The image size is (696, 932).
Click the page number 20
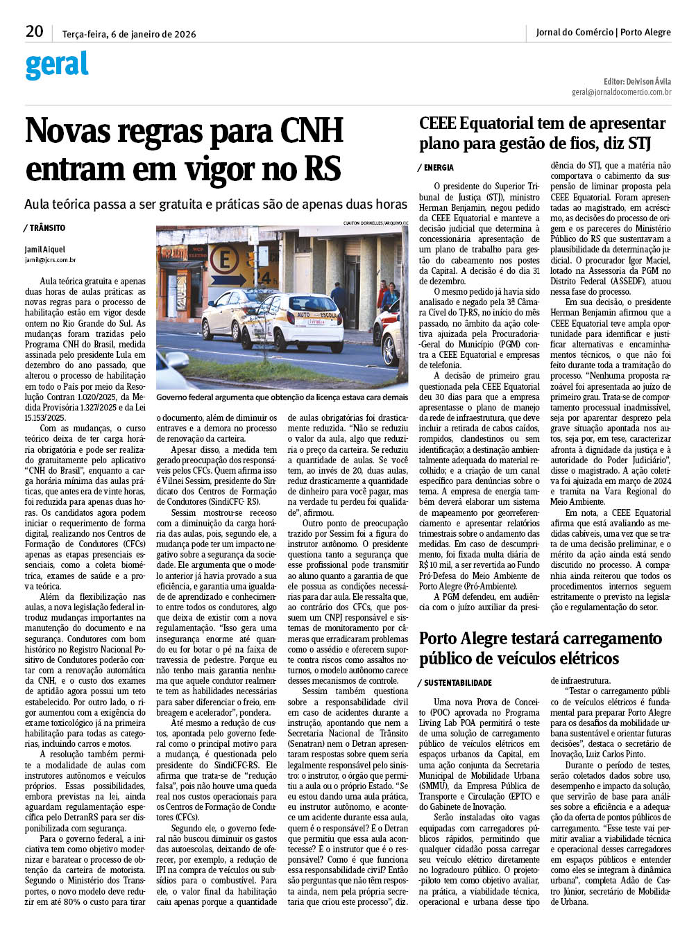[34, 32]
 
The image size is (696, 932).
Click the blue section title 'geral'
[57, 65]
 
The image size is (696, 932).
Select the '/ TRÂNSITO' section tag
[45, 228]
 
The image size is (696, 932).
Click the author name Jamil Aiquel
[45, 250]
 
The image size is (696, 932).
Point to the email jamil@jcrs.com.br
[51, 260]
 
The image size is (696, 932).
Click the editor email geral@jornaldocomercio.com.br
[621, 92]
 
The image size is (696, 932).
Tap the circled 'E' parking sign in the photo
[223, 261]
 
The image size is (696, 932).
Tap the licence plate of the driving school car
[316, 322]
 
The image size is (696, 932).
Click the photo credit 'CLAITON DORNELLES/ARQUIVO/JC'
[375, 223]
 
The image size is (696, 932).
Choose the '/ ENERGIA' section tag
[436, 168]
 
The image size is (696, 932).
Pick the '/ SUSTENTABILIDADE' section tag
[455, 683]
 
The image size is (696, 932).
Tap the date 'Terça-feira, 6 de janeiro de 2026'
[129, 34]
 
